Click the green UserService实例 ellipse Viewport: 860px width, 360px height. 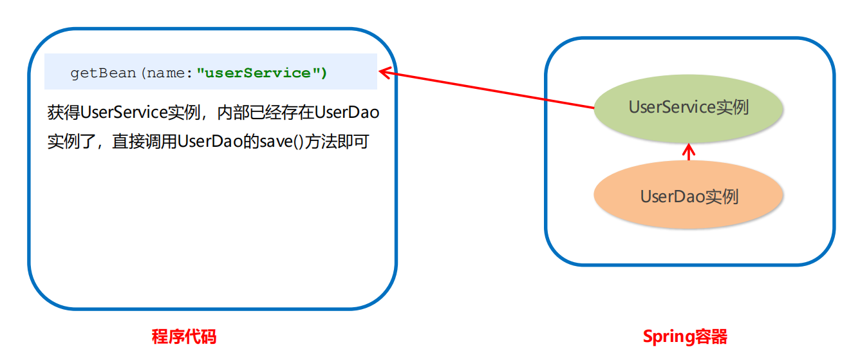pyautogui.click(x=688, y=108)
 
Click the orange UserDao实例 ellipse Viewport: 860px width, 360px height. pyautogui.click(x=688, y=196)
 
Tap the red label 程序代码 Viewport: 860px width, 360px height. pyautogui.click(x=183, y=336)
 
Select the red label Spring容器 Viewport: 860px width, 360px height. pyautogui.click(x=685, y=336)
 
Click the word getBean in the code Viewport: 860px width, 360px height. pyautogui.click(x=103, y=73)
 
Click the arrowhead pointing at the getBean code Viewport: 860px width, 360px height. pyautogui.click(x=385, y=72)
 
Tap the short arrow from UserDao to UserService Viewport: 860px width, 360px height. pyautogui.click(x=689, y=152)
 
